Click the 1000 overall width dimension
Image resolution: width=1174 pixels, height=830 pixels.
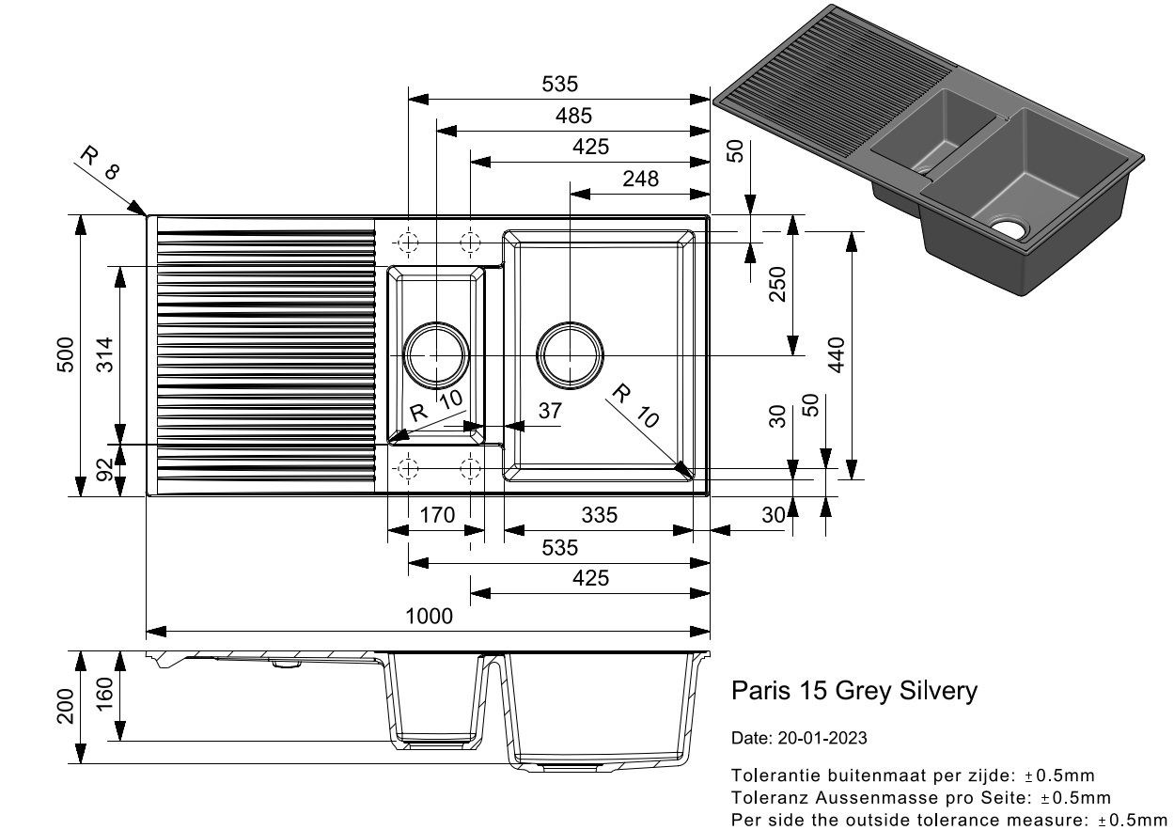429,617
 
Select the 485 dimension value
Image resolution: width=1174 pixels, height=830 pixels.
573,116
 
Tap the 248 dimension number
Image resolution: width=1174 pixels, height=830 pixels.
640,180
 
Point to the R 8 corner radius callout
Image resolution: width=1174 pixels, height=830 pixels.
100,163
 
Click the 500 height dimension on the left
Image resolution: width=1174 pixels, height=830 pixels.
65,354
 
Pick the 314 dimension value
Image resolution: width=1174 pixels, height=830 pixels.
105,354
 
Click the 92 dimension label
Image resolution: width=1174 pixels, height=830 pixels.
105,469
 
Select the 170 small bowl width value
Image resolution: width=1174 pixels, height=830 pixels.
437,515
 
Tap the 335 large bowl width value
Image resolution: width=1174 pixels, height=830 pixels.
599,515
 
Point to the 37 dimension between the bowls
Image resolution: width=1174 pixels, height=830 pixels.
550,411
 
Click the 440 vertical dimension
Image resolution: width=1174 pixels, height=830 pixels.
837,354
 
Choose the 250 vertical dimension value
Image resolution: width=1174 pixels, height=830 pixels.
777,284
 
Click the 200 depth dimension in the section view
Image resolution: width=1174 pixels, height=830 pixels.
65,706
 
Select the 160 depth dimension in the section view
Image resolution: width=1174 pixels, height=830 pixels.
105,694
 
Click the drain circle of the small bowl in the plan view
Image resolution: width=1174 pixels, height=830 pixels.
436,324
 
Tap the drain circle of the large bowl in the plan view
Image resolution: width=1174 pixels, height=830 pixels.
570,324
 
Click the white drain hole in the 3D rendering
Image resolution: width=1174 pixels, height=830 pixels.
1010,229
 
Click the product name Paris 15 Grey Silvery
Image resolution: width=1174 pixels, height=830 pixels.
854,691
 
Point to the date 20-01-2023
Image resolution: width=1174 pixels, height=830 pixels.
822,738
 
